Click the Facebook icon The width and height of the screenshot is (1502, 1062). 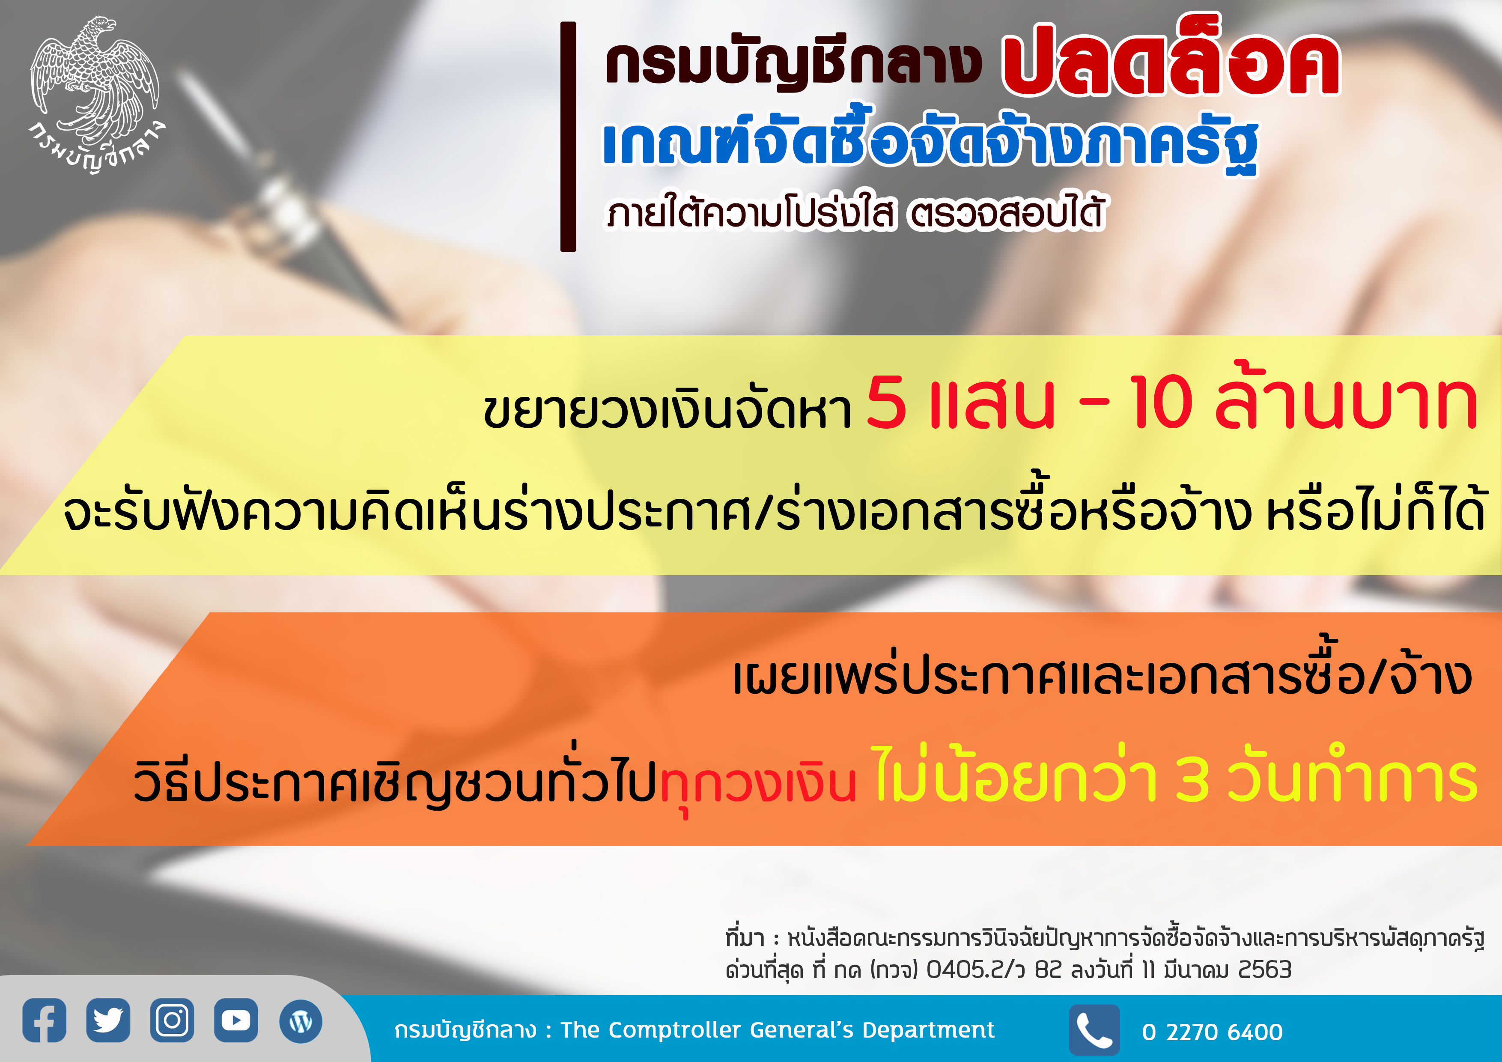pos(45,1020)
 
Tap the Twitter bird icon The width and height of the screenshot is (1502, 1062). pos(108,1020)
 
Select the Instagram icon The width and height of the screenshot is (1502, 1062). pos(172,1020)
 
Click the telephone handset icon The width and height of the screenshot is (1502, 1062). pos(1094,1030)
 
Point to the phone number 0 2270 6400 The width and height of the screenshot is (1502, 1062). pos(1212,1032)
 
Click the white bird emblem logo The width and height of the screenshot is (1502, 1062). pos(95,95)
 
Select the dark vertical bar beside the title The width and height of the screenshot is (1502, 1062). pos(568,137)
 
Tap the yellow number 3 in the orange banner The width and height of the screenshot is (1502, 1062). pos(1192,779)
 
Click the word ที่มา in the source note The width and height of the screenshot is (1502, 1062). pos(745,938)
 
